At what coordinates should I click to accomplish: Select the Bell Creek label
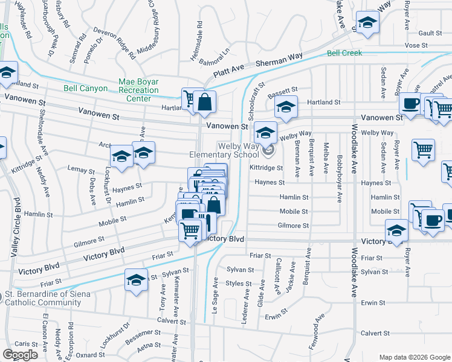click(x=344, y=53)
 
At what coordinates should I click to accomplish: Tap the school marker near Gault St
click(x=366, y=23)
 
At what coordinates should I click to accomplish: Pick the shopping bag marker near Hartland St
click(x=205, y=103)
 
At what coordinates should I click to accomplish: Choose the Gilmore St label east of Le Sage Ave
click(x=293, y=226)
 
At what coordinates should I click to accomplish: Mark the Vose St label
click(x=416, y=45)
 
